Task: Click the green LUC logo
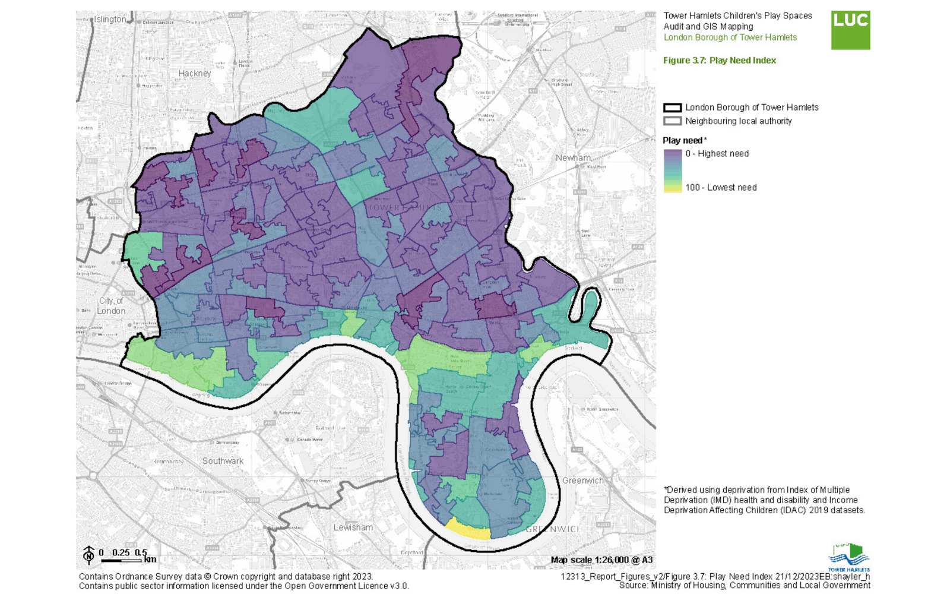pos(850,30)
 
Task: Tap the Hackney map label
pos(195,74)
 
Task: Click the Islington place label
pos(110,20)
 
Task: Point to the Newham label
pos(573,158)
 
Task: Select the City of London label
pos(112,306)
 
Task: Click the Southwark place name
pos(223,461)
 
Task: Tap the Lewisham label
pos(353,527)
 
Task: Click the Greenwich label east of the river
pos(582,481)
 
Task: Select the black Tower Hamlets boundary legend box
pos(672,108)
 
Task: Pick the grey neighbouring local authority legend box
pos(672,121)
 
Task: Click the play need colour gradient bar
pos(672,170)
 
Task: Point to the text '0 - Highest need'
pos(717,154)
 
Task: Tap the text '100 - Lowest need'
pos(721,188)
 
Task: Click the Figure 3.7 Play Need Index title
pos(719,61)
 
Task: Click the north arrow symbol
pos(88,555)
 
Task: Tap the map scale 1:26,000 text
pos(601,560)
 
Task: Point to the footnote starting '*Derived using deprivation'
pos(764,500)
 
